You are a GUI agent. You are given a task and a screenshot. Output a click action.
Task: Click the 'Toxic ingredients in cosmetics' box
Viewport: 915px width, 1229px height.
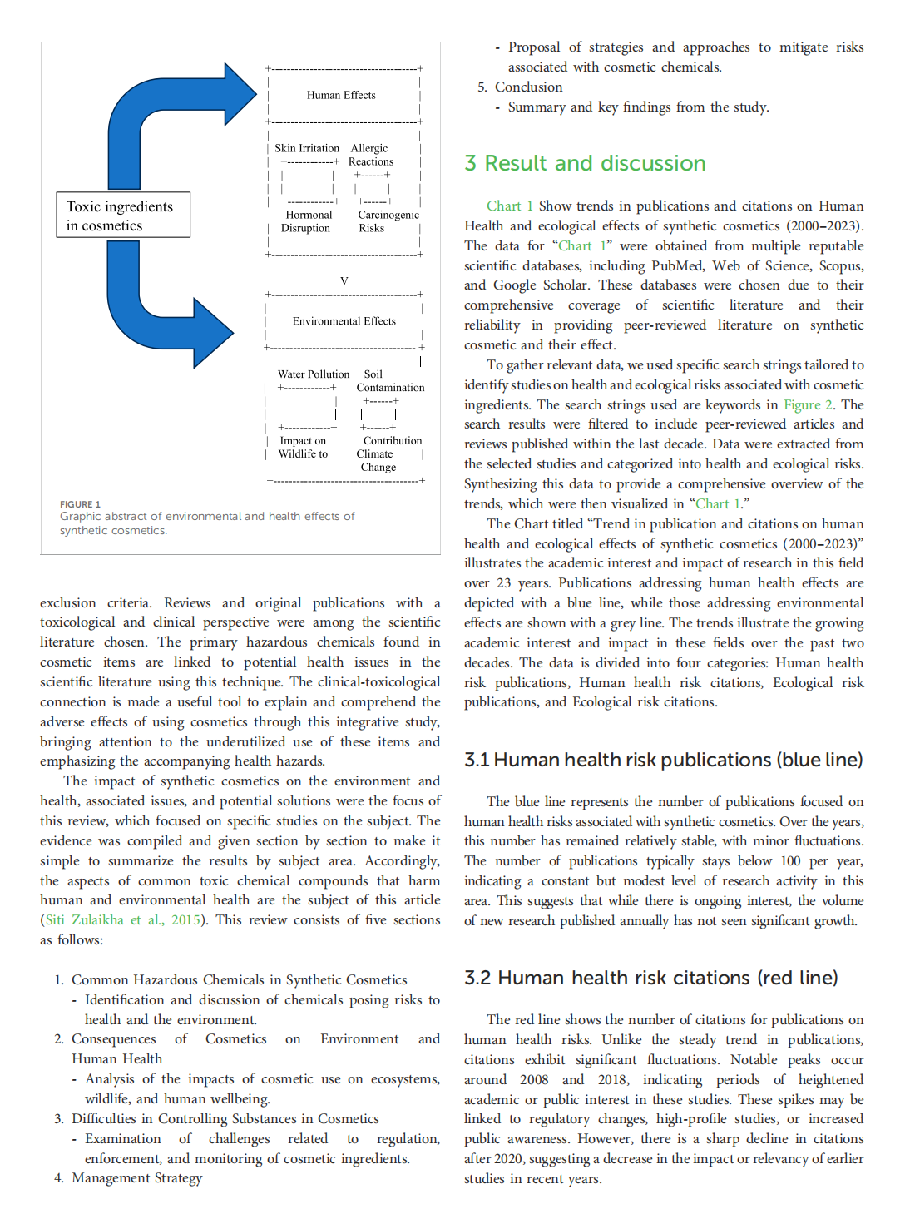pyautogui.click(x=122, y=216)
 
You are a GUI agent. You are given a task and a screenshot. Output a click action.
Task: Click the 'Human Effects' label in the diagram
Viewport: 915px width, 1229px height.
pyautogui.click(x=341, y=96)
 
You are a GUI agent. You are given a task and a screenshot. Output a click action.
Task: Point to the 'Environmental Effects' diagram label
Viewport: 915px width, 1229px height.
pyautogui.click(x=344, y=321)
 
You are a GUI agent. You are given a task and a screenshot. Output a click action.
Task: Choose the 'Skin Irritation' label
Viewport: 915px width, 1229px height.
pyautogui.click(x=307, y=148)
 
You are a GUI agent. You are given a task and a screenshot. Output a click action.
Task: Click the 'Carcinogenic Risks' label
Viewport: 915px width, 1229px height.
pyautogui.click(x=388, y=221)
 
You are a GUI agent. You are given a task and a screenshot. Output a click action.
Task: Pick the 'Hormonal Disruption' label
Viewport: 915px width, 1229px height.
pyautogui.click(x=306, y=221)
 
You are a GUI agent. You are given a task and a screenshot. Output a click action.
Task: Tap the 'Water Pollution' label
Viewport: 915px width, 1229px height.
pyautogui.click(x=314, y=374)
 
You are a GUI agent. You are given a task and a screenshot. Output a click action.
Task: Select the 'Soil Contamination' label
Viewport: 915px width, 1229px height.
pyautogui.click(x=389, y=381)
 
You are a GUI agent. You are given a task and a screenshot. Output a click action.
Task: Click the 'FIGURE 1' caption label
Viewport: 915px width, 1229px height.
pyautogui.click(x=80, y=504)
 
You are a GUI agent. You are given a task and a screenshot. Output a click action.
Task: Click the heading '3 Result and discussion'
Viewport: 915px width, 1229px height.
pyautogui.click(x=585, y=163)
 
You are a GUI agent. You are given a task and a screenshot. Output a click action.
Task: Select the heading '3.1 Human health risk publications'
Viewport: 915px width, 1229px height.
pyautogui.click(x=663, y=760)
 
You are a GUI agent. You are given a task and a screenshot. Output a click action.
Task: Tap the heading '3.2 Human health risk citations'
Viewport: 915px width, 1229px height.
pyautogui.click(x=650, y=978)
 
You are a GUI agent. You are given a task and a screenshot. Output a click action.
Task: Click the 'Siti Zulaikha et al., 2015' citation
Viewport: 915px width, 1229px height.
pyautogui.click(x=122, y=920)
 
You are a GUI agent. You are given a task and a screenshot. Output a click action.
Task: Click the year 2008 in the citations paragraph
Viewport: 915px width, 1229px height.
pyautogui.click(x=534, y=1080)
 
